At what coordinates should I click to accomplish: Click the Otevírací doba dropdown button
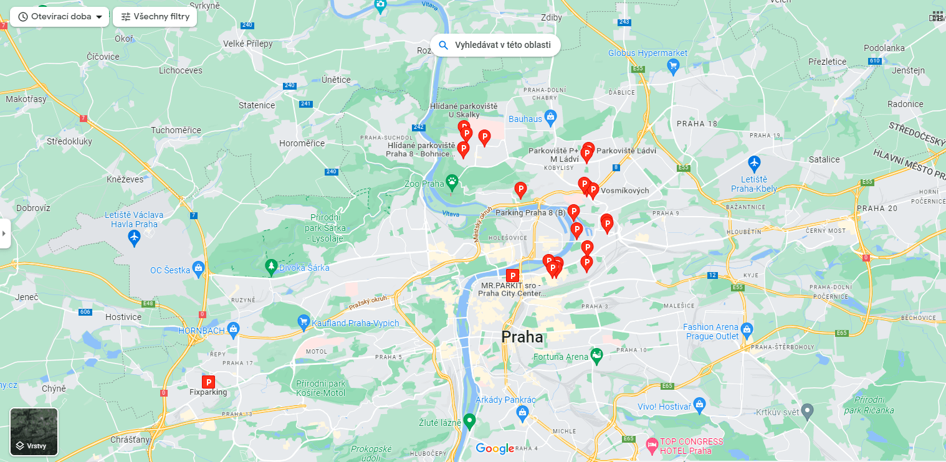pyautogui.click(x=60, y=17)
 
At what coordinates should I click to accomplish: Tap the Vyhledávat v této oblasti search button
pyautogui.click(x=495, y=45)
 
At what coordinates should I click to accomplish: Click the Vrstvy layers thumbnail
pyautogui.click(x=34, y=431)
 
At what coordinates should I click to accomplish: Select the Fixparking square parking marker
pyautogui.click(x=209, y=382)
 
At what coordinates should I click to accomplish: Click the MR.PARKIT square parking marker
pyautogui.click(x=513, y=275)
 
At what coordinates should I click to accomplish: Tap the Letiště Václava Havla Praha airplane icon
pyautogui.click(x=134, y=237)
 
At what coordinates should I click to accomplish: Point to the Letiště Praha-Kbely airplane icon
pyautogui.click(x=755, y=163)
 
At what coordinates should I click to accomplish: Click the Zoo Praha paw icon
pyautogui.click(x=452, y=182)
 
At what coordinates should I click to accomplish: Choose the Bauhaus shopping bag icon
pyautogui.click(x=550, y=116)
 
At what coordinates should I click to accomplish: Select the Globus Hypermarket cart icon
pyautogui.click(x=672, y=65)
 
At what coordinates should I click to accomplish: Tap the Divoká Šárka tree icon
pyautogui.click(x=270, y=267)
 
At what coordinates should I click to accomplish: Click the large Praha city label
pyautogui.click(x=522, y=337)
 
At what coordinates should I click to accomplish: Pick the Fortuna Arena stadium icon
pyautogui.click(x=596, y=356)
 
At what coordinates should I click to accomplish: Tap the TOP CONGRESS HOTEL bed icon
pyautogui.click(x=652, y=445)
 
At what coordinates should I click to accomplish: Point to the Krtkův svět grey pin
pyautogui.click(x=808, y=411)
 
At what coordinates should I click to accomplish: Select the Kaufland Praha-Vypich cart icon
pyautogui.click(x=303, y=322)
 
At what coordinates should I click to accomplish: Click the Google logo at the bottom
pyautogui.click(x=495, y=448)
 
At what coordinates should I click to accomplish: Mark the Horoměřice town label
pyautogui.click(x=302, y=143)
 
